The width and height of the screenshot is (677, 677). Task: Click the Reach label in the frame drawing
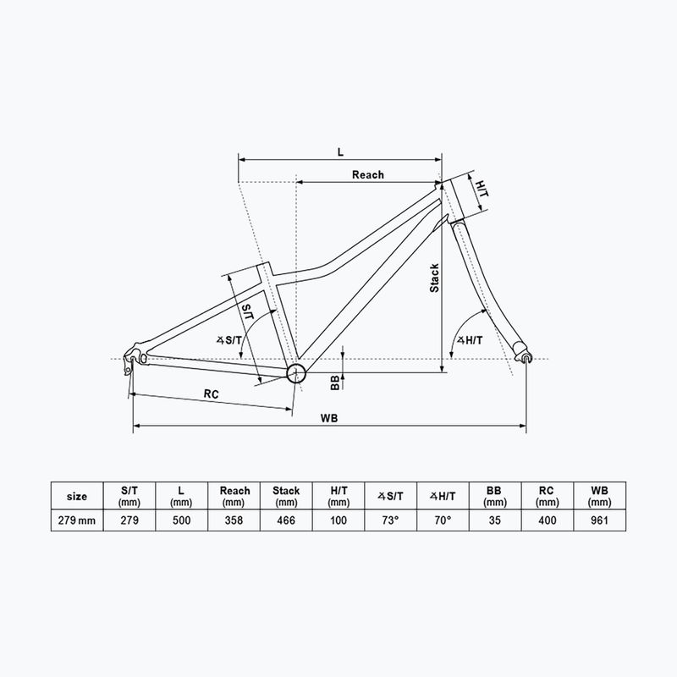367,174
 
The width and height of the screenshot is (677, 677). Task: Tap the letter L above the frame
340,151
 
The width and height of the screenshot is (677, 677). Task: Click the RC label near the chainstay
212,394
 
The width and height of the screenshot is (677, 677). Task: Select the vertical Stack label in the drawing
434,278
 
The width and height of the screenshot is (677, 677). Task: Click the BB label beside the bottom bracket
335,383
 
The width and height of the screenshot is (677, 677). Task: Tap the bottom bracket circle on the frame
294,373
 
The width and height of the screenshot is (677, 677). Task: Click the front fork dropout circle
527,359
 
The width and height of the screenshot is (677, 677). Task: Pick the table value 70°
443,520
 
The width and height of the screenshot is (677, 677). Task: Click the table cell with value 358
234,520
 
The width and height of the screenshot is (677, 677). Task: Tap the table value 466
287,520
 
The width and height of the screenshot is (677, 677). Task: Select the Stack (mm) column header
287,495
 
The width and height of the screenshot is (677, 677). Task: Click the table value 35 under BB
495,520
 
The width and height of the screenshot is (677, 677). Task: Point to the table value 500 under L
182,520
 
